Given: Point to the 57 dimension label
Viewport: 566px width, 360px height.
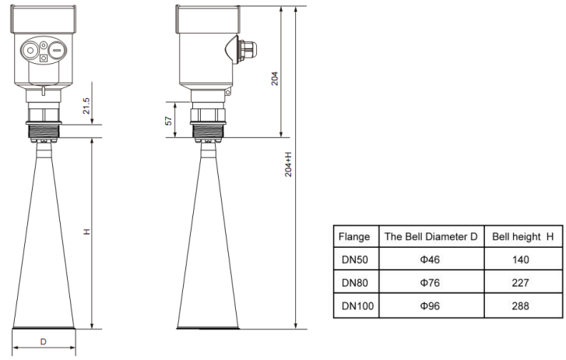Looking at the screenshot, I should click(167, 121).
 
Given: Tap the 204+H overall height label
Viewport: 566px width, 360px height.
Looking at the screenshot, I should click(289, 166).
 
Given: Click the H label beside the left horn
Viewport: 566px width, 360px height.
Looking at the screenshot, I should click(87, 231).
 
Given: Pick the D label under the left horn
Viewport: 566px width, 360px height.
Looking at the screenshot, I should click(44, 341).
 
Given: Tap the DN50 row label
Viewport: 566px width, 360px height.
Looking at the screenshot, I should click(353, 259).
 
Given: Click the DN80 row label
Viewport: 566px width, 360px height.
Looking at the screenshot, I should click(353, 283).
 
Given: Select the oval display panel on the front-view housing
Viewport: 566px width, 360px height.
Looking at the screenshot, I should click(44, 50).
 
